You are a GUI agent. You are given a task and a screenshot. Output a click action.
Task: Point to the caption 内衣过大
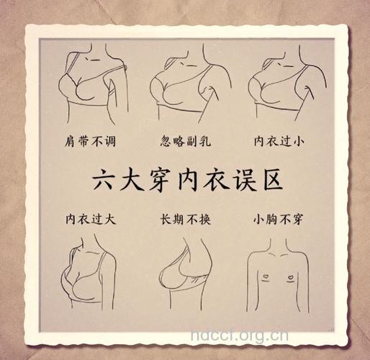pos(88,217)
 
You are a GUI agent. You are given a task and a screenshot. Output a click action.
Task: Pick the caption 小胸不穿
pos(278,217)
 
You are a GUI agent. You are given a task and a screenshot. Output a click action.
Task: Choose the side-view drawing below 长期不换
pos(184,270)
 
